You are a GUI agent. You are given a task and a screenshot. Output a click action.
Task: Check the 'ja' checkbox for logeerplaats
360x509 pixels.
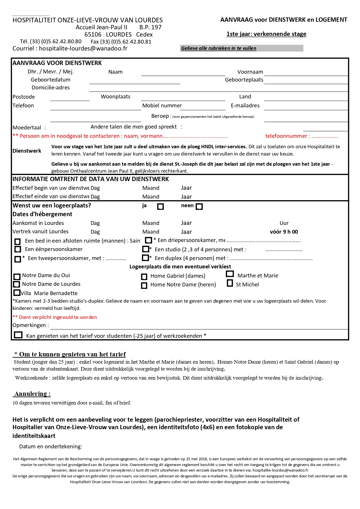coord(160,206)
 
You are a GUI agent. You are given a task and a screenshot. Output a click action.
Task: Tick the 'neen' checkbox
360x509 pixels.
coord(199,206)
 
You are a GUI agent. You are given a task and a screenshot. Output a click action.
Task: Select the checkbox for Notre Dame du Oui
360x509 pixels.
coord(17,277)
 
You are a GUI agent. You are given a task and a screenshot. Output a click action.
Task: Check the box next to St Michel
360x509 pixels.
coord(230,283)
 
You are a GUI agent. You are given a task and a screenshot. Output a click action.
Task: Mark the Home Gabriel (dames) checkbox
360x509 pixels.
coord(144,277)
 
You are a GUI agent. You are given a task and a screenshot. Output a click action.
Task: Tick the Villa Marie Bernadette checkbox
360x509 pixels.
coord(17,293)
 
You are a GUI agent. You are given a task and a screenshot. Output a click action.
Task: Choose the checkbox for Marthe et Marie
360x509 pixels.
coord(230,274)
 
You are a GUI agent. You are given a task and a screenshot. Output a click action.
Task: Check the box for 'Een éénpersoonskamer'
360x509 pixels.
coord(18,249)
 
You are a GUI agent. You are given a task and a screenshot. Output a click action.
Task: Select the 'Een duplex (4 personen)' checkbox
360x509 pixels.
coord(145,258)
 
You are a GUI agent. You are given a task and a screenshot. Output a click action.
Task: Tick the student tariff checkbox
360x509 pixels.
coord(18,335)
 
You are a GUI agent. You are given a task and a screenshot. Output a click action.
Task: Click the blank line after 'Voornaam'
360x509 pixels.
coord(306,73)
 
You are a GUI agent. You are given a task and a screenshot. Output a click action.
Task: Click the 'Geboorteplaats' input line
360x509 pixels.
coord(306,81)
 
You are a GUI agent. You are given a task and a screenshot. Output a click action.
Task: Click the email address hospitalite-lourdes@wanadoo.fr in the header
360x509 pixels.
coord(83,48)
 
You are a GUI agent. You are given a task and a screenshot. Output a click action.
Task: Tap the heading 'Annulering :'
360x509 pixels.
coord(32,394)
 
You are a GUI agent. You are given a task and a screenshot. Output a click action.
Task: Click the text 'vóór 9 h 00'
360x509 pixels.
coord(284,232)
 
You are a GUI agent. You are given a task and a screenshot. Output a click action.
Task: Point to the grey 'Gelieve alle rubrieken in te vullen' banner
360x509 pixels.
coord(241,48)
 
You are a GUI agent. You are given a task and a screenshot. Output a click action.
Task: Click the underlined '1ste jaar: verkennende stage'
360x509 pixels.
coord(266,34)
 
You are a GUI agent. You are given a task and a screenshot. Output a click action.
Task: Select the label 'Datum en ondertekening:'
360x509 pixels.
coord(51,446)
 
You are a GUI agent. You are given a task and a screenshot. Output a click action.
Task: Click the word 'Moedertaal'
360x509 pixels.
coord(27,127)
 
